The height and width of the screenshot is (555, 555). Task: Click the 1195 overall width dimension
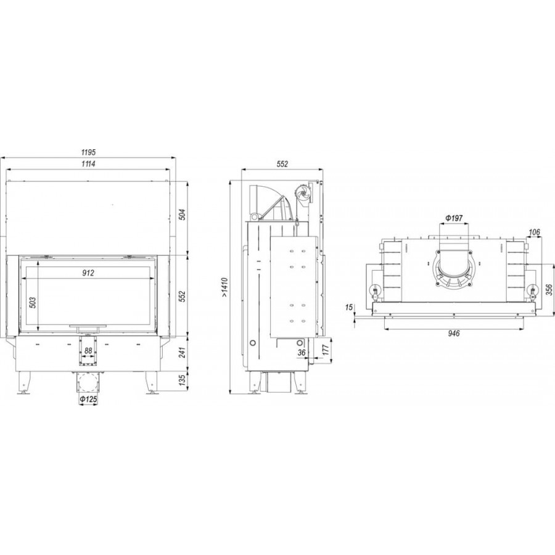[x=88, y=152]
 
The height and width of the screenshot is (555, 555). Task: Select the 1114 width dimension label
[x=88, y=164]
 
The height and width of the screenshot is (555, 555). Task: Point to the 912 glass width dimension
[x=88, y=273]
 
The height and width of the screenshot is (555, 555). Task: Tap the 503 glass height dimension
[x=32, y=302]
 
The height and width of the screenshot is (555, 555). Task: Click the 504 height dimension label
[x=183, y=215]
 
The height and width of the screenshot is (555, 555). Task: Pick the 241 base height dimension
[x=183, y=352]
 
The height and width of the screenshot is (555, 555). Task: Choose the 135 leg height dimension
[x=183, y=380]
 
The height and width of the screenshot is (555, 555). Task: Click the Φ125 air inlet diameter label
[x=88, y=399]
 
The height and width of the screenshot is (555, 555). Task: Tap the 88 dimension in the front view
[x=88, y=351]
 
